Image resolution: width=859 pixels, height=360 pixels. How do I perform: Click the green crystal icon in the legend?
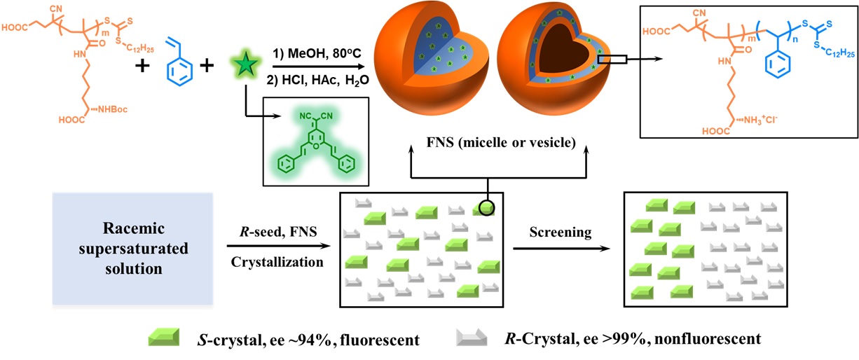tap(166, 338)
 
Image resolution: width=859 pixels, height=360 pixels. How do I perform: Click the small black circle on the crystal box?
tap(486, 207)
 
